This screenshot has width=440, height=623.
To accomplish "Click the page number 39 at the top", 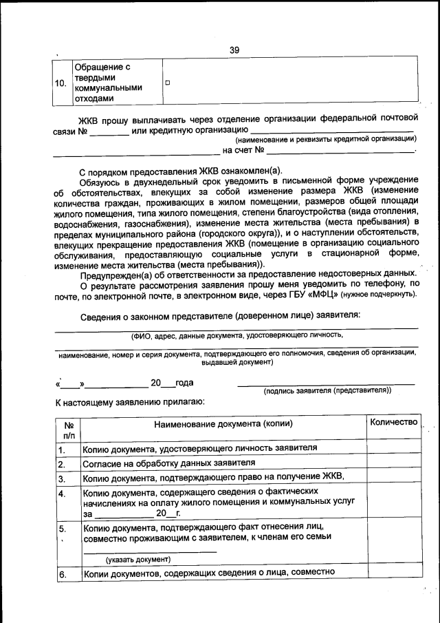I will tap(234, 50).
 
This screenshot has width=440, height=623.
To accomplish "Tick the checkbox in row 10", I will tap(168, 83).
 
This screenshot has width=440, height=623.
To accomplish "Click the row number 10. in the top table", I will tap(60, 83).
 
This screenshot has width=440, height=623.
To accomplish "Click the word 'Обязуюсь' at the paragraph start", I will tap(100, 181).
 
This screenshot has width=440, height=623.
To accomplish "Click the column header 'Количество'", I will tap(393, 422).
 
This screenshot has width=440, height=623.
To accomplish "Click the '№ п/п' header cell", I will tap(68, 430).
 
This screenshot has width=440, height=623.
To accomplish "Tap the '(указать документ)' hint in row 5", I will tap(137, 559).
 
